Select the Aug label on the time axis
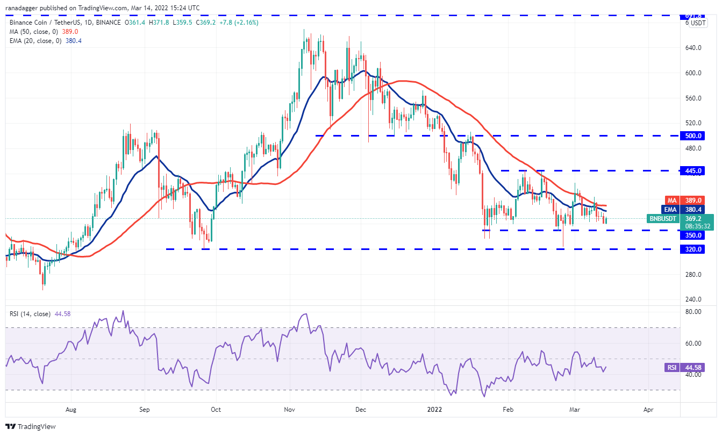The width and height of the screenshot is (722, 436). (71, 409)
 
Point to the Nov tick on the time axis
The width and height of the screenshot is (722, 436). (289, 409)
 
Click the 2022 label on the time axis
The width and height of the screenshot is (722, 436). (434, 409)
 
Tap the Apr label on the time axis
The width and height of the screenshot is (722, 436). (648, 409)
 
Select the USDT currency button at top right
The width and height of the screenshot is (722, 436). (698, 23)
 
